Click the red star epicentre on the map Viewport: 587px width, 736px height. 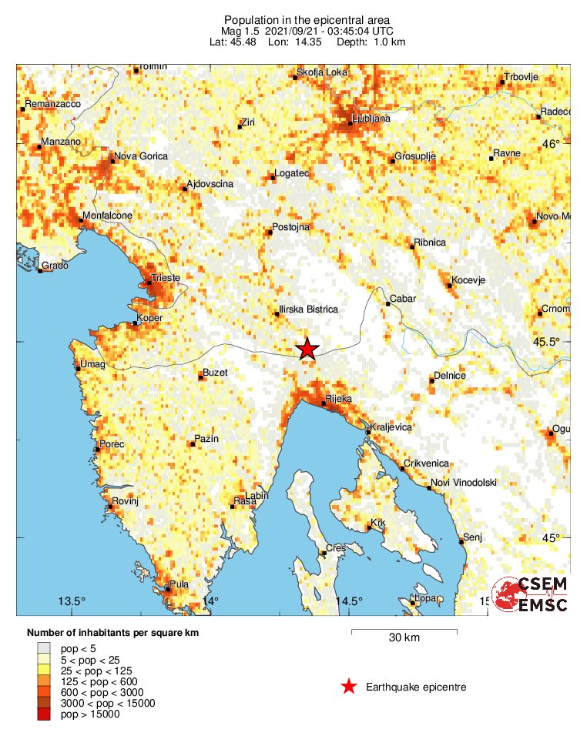pos(307,349)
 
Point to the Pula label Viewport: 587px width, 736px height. pos(179,584)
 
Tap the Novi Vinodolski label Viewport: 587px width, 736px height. pos(463,483)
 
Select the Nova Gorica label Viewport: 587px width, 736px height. pos(140,156)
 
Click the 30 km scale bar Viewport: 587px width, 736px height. pos(404,632)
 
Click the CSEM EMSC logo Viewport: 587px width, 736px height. pos(531,594)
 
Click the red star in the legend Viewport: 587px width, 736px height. pos(349,687)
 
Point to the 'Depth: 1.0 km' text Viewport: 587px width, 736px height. pos(371,42)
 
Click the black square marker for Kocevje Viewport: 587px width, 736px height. pos(450,286)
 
